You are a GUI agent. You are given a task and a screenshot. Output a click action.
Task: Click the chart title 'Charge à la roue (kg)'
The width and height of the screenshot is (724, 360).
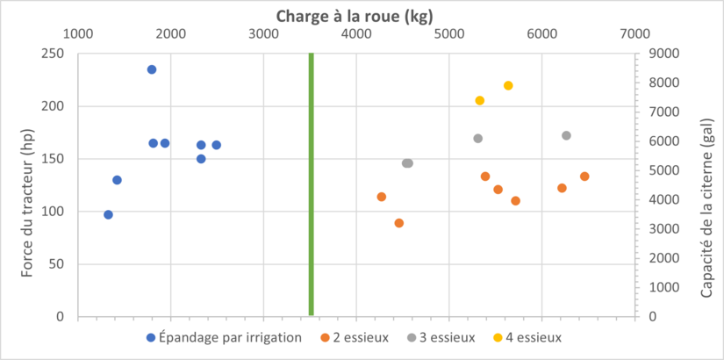355,15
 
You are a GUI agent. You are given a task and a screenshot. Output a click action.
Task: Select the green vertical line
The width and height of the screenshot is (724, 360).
312,184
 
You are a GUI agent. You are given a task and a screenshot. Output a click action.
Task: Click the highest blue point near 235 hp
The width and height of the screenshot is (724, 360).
152,69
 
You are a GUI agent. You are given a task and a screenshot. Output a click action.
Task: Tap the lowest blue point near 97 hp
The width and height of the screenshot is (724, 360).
108,214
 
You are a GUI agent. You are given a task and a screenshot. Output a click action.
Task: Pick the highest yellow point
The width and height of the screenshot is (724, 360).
508,85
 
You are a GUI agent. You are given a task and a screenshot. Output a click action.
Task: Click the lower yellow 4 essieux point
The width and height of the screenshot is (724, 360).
480,100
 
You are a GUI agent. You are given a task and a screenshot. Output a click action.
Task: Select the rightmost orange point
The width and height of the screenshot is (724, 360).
584,176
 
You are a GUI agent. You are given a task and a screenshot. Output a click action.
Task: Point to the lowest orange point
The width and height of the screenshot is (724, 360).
399,223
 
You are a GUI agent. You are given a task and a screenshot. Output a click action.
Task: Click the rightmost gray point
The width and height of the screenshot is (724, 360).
566,135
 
